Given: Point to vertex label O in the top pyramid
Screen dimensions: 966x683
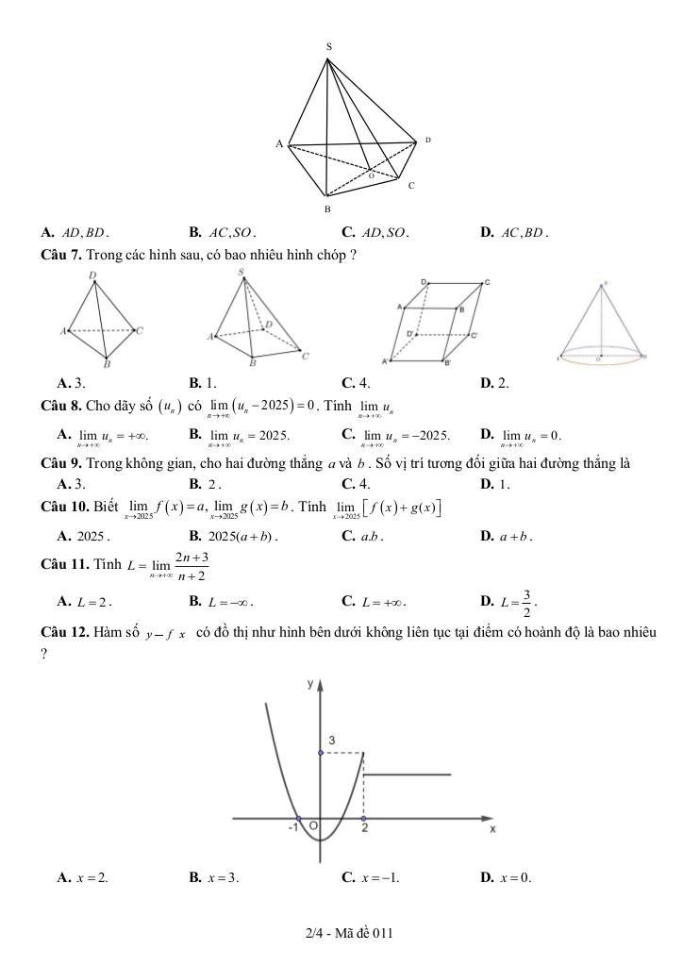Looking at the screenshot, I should (371, 176).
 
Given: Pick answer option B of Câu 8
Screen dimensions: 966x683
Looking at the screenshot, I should (240, 435).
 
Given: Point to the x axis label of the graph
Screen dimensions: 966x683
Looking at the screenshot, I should (491, 829).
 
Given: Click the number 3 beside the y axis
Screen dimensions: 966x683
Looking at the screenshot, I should (331, 741).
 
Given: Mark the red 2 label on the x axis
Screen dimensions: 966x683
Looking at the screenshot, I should (364, 829).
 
